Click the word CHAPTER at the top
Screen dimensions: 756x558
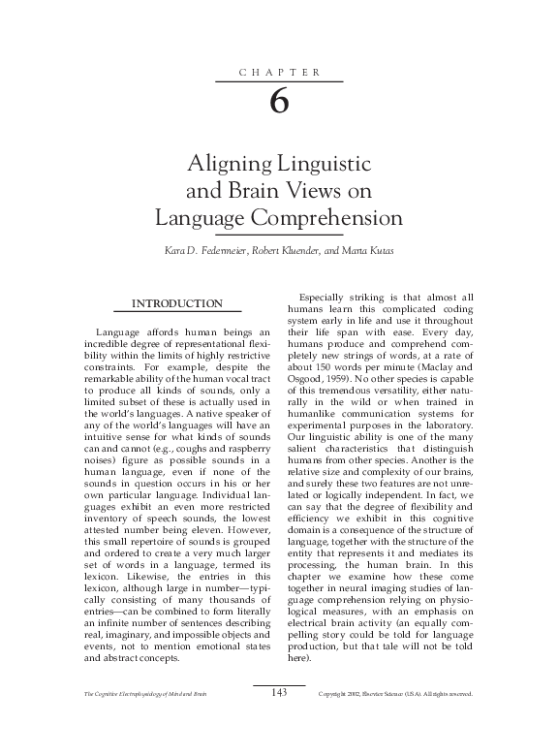tap(278, 73)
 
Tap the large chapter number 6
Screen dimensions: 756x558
tap(279, 102)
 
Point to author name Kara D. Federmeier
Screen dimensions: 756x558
tap(199, 251)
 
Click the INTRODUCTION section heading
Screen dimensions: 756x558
tap(177, 303)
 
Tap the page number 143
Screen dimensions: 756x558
tap(279, 718)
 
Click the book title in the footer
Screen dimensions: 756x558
tap(145, 721)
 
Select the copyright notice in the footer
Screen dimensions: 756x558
tap(394, 721)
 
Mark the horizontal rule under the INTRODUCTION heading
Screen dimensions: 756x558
tap(177, 312)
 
